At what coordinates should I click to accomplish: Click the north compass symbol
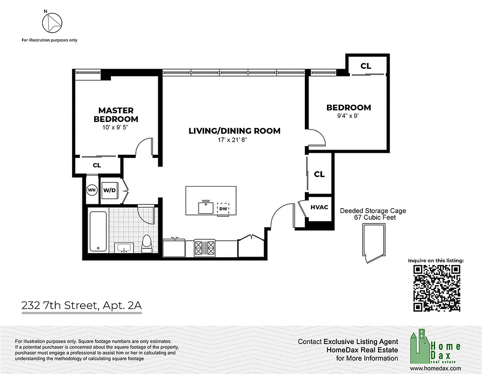pyautogui.click(x=52, y=22)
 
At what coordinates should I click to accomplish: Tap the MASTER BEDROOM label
pyautogui.click(x=116, y=115)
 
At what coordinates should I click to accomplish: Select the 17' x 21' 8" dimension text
pyautogui.click(x=234, y=139)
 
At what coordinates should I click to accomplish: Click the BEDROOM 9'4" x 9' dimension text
pyautogui.click(x=349, y=116)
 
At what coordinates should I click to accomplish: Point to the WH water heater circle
pyautogui.click(x=91, y=190)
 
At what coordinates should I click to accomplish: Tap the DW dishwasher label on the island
pyautogui.click(x=223, y=209)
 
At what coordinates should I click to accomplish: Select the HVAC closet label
pyautogui.click(x=319, y=207)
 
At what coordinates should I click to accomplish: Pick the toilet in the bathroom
pyautogui.click(x=146, y=244)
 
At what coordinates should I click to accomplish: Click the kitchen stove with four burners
pyautogui.click(x=205, y=246)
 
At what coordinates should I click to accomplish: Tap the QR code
pyautogui.click(x=437, y=288)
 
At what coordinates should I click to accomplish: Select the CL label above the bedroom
pyautogui.click(x=366, y=66)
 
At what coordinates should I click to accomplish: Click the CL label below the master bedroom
pyautogui.click(x=97, y=165)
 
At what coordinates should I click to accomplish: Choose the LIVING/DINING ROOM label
pyautogui.click(x=234, y=130)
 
